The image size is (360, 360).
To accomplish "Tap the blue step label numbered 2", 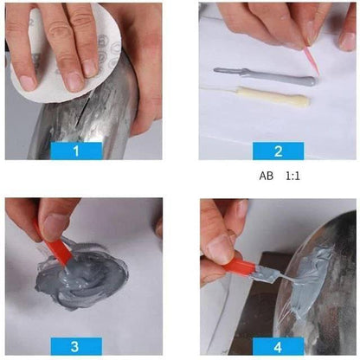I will (278, 150).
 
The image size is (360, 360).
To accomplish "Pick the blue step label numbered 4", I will (278, 346).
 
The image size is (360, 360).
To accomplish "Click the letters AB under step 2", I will (266, 176).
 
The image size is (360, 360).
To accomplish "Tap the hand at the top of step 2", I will (277, 22).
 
